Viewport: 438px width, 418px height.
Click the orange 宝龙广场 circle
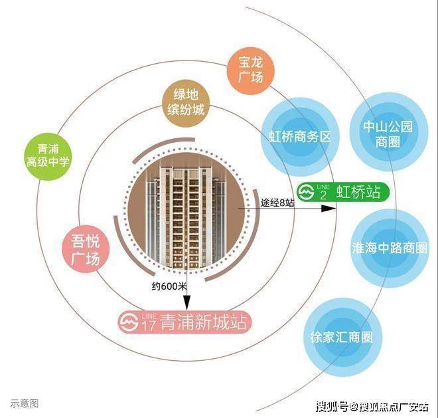(x=251, y=70)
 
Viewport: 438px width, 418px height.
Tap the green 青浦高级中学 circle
(x=48, y=156)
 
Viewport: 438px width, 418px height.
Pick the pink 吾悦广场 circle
(x=86, y=249)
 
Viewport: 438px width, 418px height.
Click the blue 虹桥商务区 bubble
(x=300, y=137)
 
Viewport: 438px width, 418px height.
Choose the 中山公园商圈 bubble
(x=388, y=132)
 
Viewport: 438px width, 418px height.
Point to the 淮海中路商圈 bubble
(x=390, y=249)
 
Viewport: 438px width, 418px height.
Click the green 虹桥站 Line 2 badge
(x=342, y=192)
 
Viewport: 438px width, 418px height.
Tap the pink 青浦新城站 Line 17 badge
(x=185, y=322)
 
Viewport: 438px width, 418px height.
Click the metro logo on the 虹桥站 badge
(x=305, y=192)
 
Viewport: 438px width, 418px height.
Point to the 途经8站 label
(x=277, y=203)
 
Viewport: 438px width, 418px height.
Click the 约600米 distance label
(x=169, y=286)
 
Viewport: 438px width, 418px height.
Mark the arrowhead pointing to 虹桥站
(x=328, y=209)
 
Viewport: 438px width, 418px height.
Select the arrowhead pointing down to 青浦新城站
(x=186, y=303)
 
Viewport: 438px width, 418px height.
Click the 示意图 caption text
(x=25, y=403)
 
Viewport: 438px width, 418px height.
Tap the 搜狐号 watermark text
(x=332, y=406)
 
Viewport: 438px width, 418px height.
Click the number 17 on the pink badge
(x=149, y=326)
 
